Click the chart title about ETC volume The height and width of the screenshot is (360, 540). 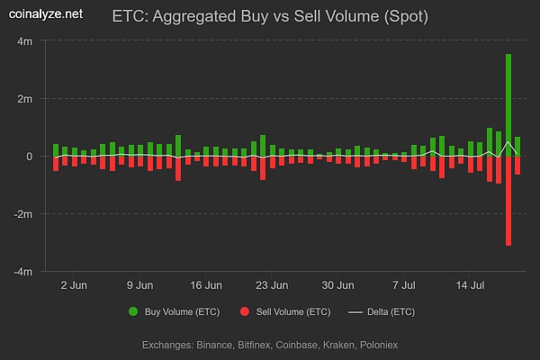click(270, 15)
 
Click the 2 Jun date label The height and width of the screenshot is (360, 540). click(74, 285)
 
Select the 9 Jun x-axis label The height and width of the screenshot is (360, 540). click(140, 285)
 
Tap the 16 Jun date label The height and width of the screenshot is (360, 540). click(206, 285)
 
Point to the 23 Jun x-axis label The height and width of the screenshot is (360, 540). click(273, 285)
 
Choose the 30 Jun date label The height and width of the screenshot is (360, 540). click(338, 285)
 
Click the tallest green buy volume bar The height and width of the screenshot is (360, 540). click(508, 103)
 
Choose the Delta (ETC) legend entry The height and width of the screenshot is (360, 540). click(382, 311)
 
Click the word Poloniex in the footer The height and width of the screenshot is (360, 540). click(376, 345)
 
